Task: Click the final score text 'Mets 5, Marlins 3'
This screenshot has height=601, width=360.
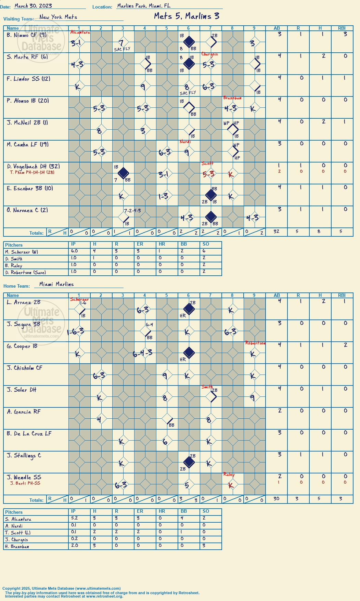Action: [187, 16]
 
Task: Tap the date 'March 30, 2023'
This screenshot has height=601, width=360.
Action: [33, 6]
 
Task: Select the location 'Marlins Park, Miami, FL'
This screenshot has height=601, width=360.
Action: [143, 6]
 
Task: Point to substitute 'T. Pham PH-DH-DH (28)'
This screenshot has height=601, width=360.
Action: [32, 172]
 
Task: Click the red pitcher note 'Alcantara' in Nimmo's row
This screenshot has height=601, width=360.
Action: [80, 32]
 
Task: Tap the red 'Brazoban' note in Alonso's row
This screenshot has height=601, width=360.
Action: [232, 98]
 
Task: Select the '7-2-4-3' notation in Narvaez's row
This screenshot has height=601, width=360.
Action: [132, 211]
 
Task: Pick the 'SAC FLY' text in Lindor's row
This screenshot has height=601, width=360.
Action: [188, 93]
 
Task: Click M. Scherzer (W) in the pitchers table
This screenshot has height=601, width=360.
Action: [22, 252]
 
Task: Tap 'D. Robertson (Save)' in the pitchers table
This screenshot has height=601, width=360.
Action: [25, 273]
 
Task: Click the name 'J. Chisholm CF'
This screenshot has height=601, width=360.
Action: [25, 368]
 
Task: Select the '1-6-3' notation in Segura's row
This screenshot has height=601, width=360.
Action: [76, 331]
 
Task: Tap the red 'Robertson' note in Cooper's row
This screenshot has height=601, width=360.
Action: [255, 343]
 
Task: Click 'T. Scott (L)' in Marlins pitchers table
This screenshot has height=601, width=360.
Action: [17, 533]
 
